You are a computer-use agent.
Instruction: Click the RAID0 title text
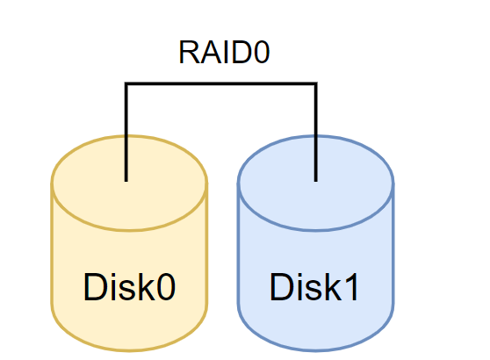[x=224, y=52]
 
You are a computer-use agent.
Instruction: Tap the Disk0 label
[x=129, y=286]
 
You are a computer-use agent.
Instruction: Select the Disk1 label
[x=313, y=286]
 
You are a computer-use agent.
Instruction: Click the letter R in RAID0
[x=190, y=52]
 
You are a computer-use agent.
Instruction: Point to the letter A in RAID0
[x=210, y=52]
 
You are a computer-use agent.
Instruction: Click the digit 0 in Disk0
[x=166, y=287]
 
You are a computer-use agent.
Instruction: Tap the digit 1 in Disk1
[x=351, y=286]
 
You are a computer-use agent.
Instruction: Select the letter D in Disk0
[x=96, y=286]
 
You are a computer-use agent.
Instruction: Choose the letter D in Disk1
[x=282, y=286]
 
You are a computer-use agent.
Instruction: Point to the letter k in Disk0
[x=147, y=286]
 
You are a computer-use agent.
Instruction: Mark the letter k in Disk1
[x=333, y=286]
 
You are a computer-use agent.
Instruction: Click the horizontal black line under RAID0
[x=221, y=83]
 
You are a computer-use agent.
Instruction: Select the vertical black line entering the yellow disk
[x=126, y=132]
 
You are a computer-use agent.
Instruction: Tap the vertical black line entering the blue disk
[x=315, y=132]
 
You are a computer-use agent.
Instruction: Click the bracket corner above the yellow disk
[x=126, y=83]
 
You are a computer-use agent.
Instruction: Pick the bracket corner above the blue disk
[x=315, y=83]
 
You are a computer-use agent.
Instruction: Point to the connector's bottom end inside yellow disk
[x=126, y=181]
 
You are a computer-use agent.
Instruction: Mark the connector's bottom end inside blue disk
[x=315, y=181]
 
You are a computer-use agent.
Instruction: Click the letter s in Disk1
[x=314, y=291]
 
